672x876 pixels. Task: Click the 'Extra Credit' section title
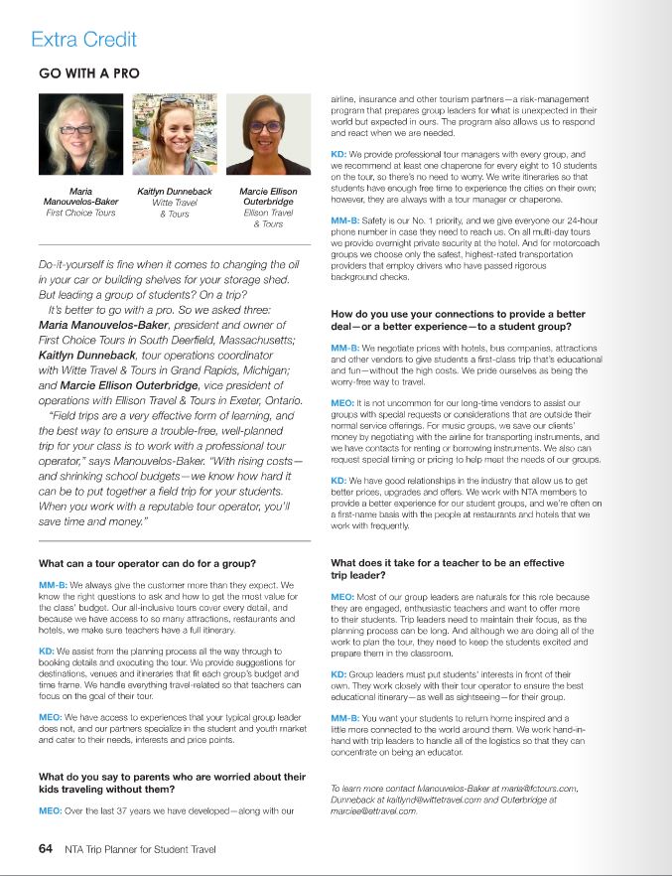pos(83,41)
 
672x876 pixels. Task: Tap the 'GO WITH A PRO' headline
pos(88,73)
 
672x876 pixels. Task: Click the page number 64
pos(45,849)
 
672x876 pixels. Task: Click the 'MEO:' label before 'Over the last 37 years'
pos(51,811)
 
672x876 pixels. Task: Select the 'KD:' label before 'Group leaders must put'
pos(339,673)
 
